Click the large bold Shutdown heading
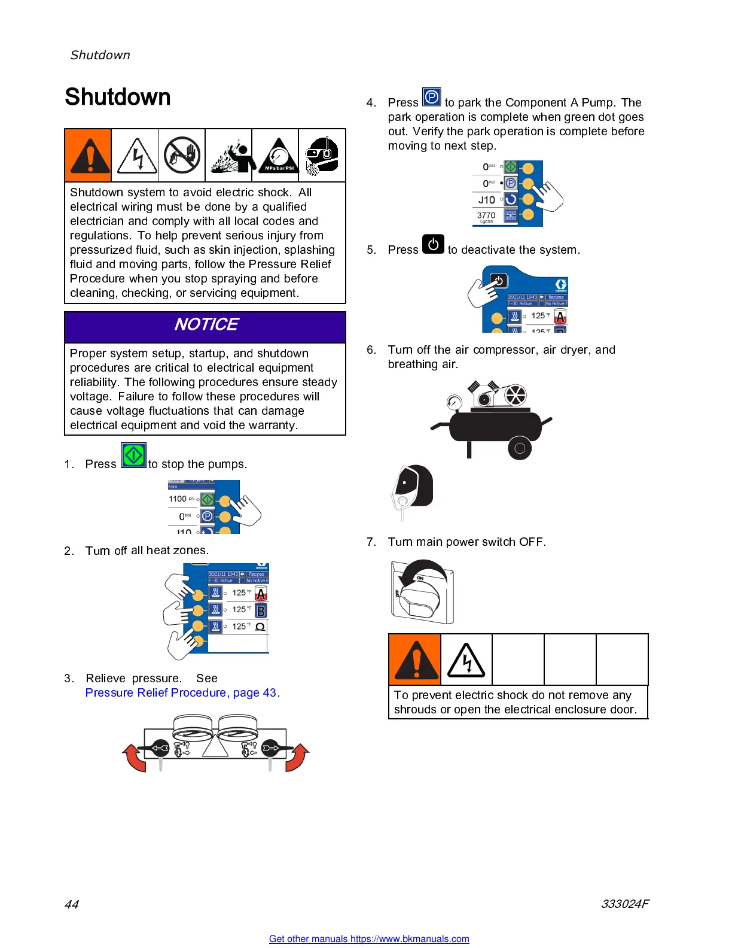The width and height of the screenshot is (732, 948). [x=118, y=97]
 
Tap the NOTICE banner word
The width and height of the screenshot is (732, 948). [x=206, y=324]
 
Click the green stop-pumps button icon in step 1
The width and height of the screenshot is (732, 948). [x=133, y=455]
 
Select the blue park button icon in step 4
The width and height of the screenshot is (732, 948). [x=431, y=97]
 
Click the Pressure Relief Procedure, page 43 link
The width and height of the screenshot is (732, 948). [x=181, y=692]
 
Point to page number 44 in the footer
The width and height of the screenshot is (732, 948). [x=72, y=904]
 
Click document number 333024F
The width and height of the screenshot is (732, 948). [x=624, y=904]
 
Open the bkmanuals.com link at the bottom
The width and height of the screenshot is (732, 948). [x=369, y=938]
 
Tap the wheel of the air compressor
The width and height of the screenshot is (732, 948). [x=519, y=448]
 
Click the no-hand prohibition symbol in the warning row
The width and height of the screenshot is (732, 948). [x=182, y=156]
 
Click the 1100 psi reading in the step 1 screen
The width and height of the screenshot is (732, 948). [x=178, y=499]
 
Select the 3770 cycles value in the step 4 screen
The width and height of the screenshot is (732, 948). [x=486, y=215]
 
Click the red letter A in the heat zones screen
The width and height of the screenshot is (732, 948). [x=261, y=594]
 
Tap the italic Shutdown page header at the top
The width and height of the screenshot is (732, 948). [x=100, y=55]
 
